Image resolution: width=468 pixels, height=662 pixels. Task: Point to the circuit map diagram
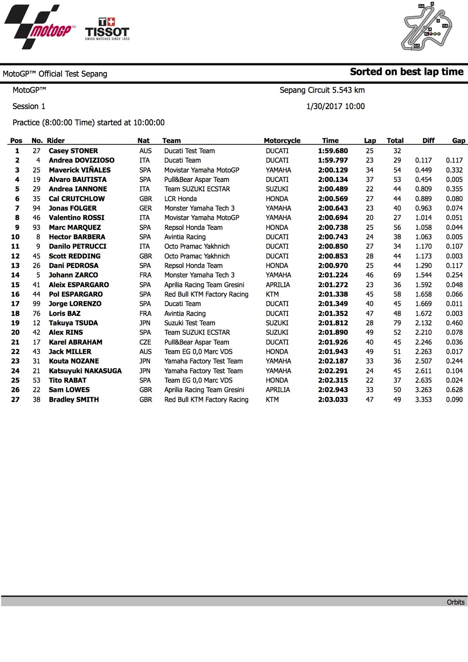(x=427, y=27)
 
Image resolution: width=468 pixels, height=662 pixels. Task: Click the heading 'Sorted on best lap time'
(x=406, y=72)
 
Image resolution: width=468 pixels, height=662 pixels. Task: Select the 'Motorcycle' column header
(x=282, y=141)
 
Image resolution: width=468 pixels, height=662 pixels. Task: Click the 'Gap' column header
(x=458, y=141)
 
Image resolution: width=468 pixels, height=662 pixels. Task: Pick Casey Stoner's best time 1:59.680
(x=333, y=151)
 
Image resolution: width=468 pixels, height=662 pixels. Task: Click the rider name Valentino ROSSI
(x=76, y=218)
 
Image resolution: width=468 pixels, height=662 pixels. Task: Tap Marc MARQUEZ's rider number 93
(x=36, y=228)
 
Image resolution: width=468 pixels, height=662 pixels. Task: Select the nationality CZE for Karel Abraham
(x=145, y=342)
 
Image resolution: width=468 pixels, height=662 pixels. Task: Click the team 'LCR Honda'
(x=181, y=199)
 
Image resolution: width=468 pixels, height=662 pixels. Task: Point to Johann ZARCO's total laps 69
(x=397, y=275)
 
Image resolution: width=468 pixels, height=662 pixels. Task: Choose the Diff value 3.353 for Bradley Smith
(x=423, y=399)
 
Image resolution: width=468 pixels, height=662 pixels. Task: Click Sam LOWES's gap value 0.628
(x=454, y=390)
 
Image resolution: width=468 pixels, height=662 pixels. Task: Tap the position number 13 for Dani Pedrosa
(x=15, y=266)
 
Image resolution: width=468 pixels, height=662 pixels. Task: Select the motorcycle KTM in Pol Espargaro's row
(x=272, y=294)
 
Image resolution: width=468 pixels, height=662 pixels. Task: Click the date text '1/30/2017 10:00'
(x=335, y=106)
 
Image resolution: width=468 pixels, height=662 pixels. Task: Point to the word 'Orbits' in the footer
(x=456, y=602)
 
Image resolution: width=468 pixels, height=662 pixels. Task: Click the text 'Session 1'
(x=29, y=106)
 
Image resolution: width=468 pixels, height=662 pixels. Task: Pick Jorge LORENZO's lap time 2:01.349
(x=333, y=304)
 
